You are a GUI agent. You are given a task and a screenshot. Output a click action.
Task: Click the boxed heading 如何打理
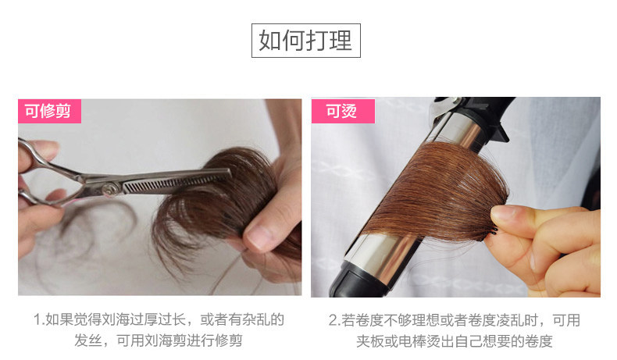(x=305, y=41)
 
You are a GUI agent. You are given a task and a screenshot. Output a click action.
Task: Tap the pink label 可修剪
(x=49, y=111)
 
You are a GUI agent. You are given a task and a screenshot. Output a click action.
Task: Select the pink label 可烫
(x=343, y=111)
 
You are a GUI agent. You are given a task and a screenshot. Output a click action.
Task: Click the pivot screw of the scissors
(x=111, y=190)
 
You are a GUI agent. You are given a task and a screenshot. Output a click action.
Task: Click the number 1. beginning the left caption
(x=39, y=320)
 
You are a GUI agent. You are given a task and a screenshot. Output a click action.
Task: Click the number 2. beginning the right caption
(x=334, y=320)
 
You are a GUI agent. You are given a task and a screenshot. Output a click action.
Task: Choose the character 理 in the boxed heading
(x=341, y=41)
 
